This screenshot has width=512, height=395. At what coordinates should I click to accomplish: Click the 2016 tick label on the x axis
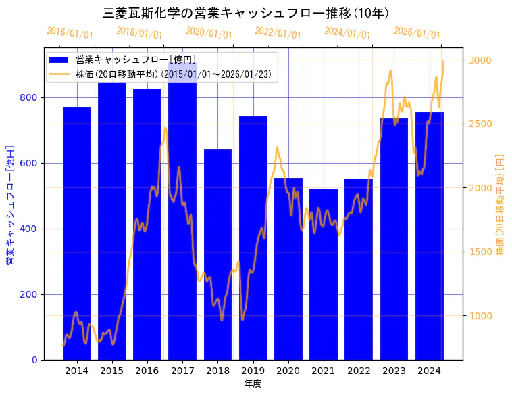click(x=147, y=371)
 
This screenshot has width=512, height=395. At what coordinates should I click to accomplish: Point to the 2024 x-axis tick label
click(x=429, y=371)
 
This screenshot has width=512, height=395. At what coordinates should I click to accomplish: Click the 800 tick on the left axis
click(x=28, y=97)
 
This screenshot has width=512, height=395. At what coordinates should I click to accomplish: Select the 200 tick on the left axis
click(x=28, y=294)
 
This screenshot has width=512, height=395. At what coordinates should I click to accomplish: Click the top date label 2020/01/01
click(x=209, y=32)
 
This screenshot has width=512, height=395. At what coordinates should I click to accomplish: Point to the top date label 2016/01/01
click(x=70, y=32)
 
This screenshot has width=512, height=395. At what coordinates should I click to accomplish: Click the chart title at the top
click(x=246, y=13)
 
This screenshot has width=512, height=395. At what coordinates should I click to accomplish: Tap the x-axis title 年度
click(x=253, y=384)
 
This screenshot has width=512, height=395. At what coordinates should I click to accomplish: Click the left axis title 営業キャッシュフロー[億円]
click(x=11, y=204)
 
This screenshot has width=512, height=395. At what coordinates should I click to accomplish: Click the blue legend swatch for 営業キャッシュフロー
click(x=59, y=60)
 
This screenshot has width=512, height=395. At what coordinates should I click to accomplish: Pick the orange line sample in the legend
click(x=59, y=74)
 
